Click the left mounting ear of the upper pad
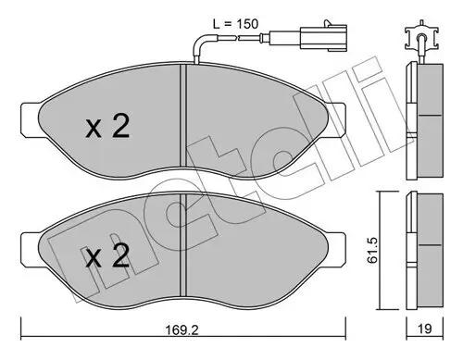point(30,113)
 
